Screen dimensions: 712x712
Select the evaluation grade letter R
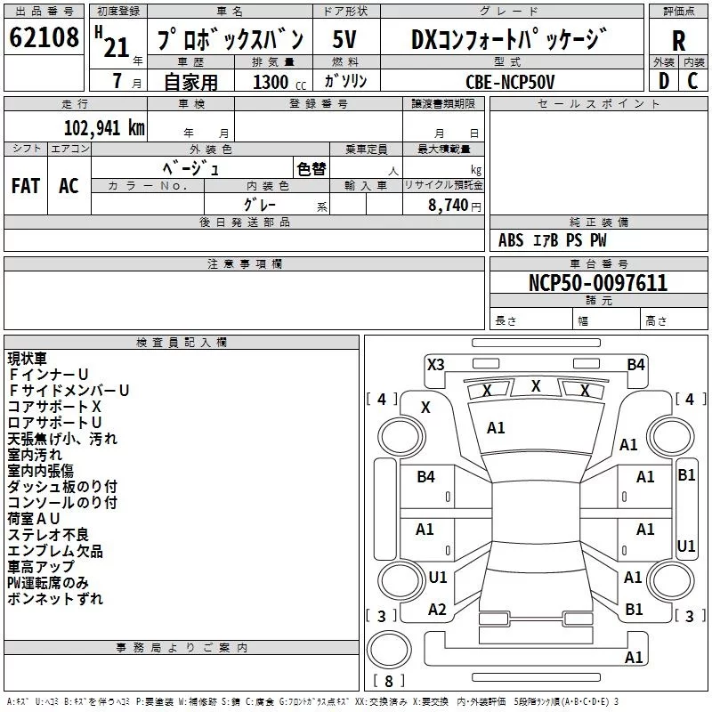tap(679, 40)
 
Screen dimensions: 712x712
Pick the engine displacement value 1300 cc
tap(276, 82)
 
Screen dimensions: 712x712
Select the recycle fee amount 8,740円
tap(455, 205)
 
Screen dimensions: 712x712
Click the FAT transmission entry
tap(26, 185)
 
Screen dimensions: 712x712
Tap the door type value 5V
tap(345, 40)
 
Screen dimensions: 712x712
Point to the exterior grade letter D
tap(663, 81)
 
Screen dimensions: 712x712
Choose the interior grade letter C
tap(692, 81)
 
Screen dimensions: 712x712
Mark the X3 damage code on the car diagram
tap(435, 364)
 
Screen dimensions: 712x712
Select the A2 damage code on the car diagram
tap(436, 610)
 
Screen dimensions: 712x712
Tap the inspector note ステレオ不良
tap(49, 535)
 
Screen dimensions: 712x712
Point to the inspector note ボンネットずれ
tap(55, 599)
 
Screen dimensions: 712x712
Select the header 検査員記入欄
tap(182, 343)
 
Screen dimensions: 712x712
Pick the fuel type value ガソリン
tap(346, 81)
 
